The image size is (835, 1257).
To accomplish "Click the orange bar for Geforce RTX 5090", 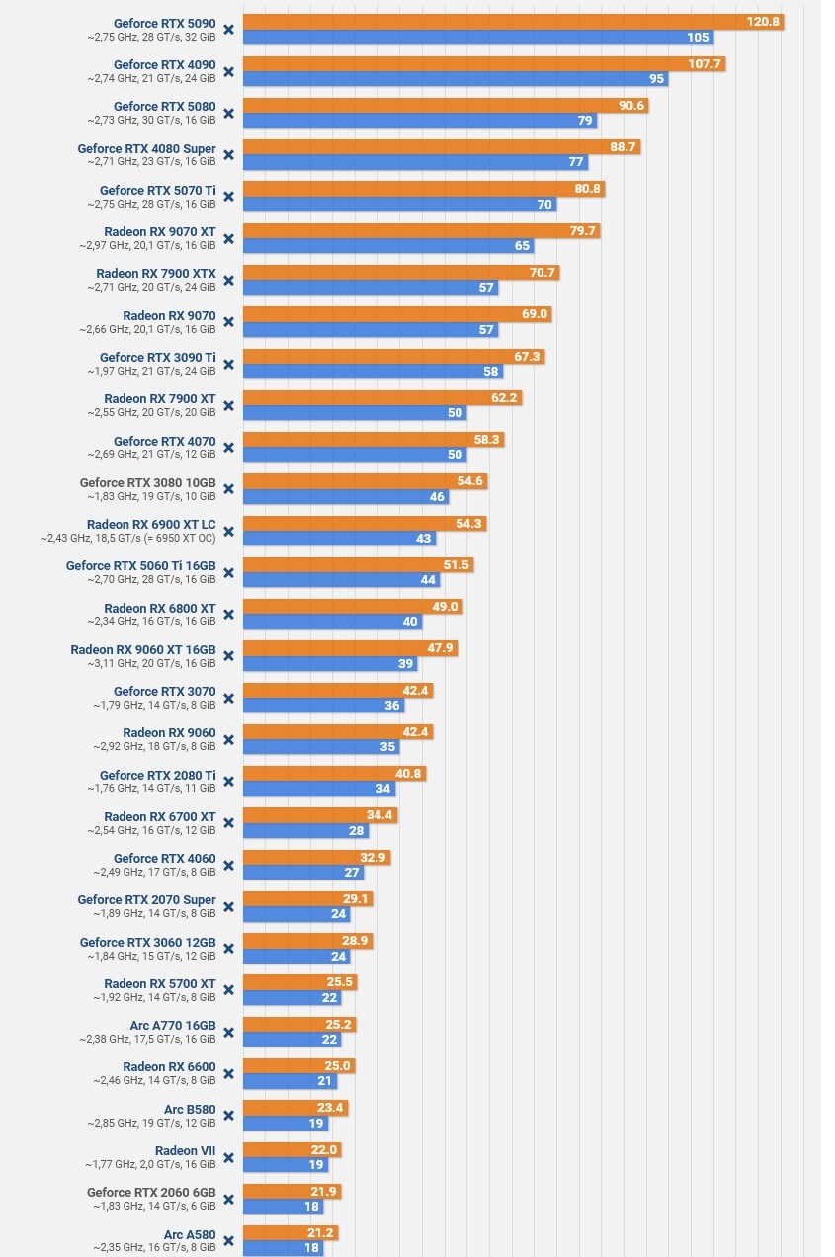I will coord(494,22).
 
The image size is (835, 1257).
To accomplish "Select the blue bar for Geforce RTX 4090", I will coord(455,79).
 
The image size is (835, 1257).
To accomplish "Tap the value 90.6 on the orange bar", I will coord(628,106).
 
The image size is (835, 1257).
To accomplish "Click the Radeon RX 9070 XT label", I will coord(159,231).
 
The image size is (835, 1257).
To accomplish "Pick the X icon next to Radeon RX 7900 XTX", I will coord(228,280).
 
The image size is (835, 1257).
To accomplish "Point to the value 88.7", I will coord(624,147).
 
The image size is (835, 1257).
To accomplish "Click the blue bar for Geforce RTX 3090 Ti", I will coord(373,372).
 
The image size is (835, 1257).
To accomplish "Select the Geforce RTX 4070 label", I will coord(164,441).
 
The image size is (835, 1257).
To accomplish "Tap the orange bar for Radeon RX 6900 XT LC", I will coord(365,523).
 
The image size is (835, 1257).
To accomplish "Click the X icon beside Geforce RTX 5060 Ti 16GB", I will coord(228,572).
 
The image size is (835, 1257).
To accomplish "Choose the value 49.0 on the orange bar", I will coord(446,607).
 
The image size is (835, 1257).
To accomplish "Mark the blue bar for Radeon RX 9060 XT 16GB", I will coord(331,664).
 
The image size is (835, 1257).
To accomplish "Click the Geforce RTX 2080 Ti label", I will coord(157,775).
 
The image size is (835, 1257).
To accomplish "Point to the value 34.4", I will coord(379,815).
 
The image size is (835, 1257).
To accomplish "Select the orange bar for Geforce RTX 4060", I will coord(316,857).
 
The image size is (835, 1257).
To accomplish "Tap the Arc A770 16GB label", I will coord(173,1025).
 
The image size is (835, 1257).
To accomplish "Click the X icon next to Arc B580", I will coord(228,1115).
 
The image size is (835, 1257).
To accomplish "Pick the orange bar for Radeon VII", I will coord(292,1149).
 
